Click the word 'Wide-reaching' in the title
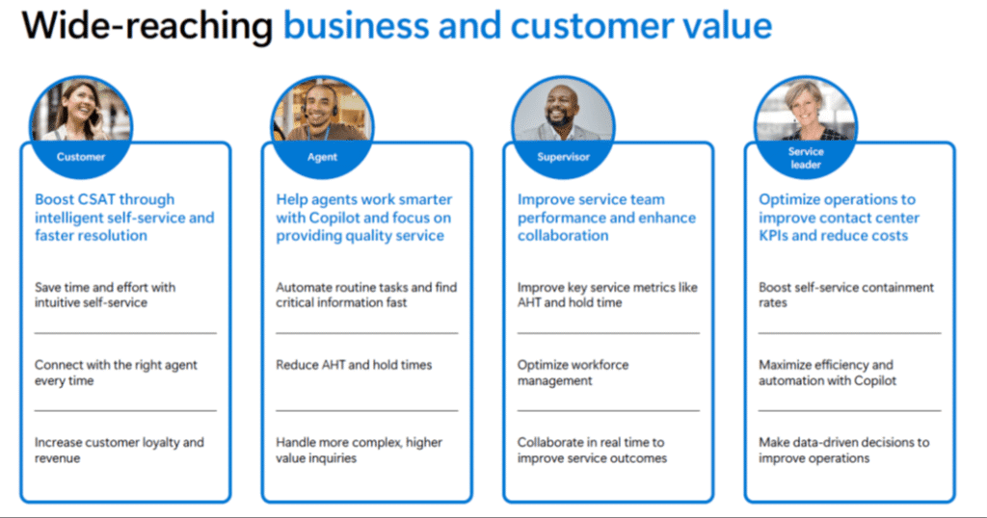click(x=147, y=26)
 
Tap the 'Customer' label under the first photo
click(x=81, y=157)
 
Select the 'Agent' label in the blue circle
click(x=322, y=157)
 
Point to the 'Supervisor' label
click(x=563, y=157)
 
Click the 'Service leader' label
click(x=806, y=158)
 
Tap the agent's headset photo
click(x=322, y=110)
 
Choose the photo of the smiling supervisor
click(x=563, y=110)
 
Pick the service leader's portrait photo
click(x=806, y=110)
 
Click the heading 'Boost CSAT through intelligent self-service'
click(x=124, y=209)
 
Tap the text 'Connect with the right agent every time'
click(x=116, y=373)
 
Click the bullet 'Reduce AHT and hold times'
click(x=354, y=365)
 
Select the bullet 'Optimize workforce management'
click(x=573, y=373)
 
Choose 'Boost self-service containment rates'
click(x=846, y=295)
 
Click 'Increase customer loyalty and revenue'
click(x=119, y=450)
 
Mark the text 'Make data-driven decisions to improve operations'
click(x=843, y=450)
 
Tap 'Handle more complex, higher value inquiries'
click(x=359, y=450)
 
